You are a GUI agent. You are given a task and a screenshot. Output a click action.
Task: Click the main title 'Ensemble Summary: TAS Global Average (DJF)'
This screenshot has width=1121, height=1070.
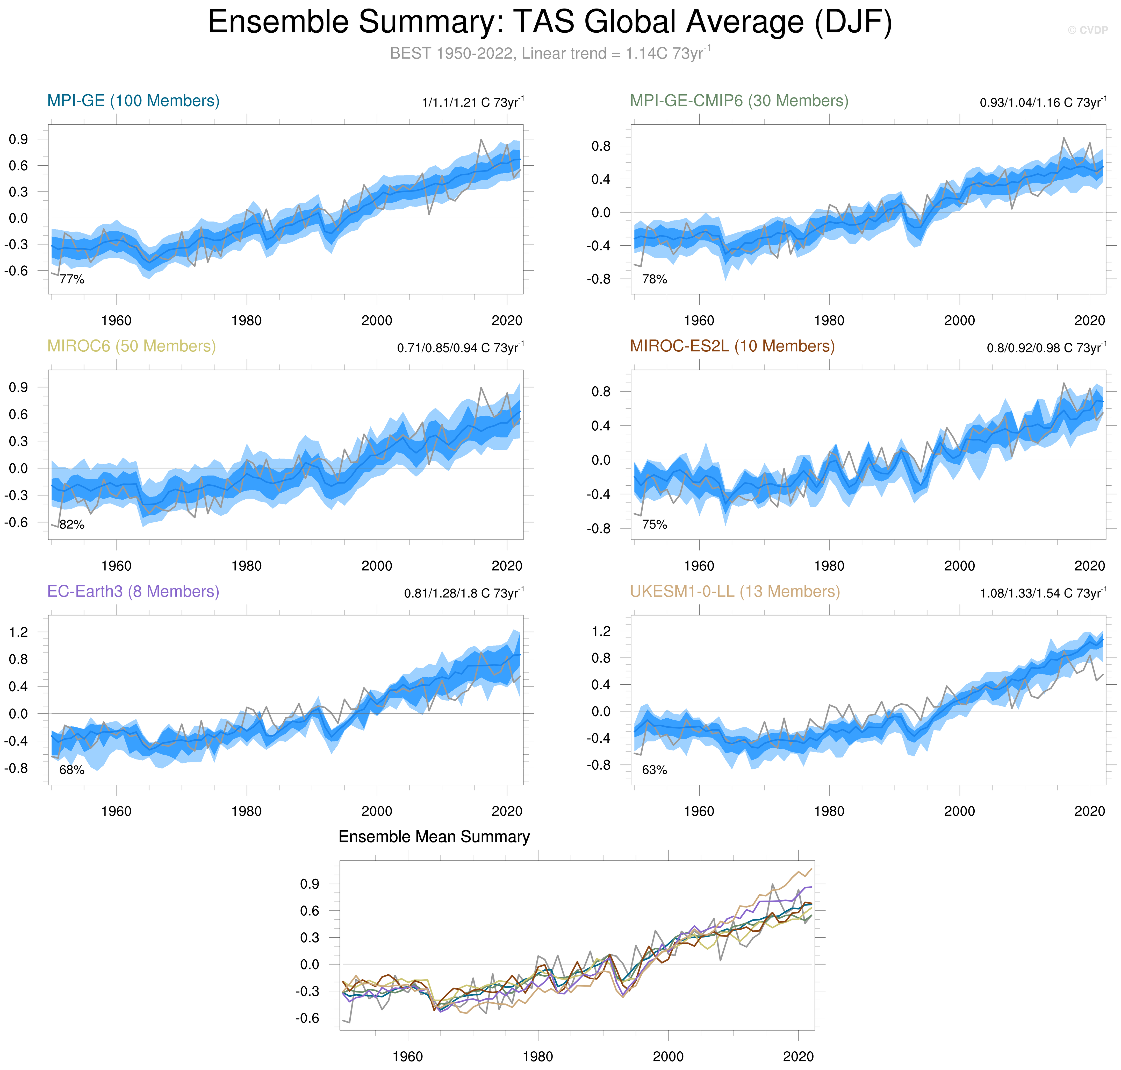point(550,23)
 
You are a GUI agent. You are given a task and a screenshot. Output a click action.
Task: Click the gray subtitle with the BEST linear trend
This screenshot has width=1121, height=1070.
point(550,54)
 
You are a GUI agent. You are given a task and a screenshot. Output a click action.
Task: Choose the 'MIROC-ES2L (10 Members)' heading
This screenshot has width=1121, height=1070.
point(732,346)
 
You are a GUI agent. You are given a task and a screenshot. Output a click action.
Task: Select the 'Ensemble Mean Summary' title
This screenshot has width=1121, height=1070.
point(434,837)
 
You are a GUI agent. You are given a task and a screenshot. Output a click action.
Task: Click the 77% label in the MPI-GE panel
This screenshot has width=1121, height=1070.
point(72,279)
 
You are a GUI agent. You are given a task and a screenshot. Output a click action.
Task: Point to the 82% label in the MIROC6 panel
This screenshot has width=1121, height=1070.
point(72,525)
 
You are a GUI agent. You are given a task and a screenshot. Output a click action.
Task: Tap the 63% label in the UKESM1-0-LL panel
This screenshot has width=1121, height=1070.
point(655,770)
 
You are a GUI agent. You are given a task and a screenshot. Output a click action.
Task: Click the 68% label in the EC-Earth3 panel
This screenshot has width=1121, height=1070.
point(72,770)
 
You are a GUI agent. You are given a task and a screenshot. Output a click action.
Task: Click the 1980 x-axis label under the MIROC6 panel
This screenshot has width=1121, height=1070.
point(246,566)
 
